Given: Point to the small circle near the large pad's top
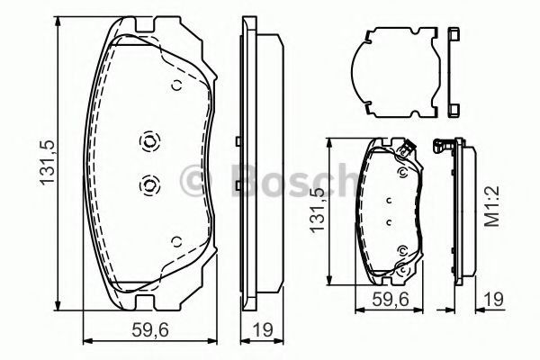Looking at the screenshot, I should [176, 86].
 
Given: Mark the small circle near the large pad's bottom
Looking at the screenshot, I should [176, 240].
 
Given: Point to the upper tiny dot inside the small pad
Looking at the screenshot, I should [389, 201].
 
